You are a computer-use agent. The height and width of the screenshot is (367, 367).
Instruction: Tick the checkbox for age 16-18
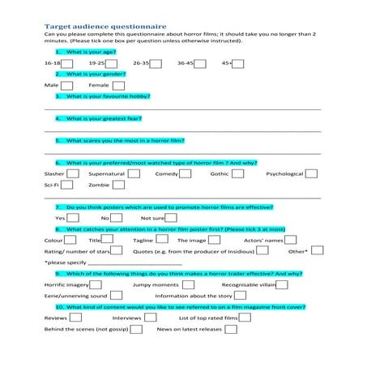point(68,62)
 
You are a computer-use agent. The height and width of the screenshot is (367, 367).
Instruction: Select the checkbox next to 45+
point(237,62)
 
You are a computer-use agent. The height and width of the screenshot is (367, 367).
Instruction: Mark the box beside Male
point(67,84)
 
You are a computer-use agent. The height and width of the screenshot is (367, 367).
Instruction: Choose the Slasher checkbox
point(73,173)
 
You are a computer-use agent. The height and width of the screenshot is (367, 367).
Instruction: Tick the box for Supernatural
point(134,173)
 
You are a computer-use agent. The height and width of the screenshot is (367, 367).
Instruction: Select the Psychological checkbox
point(312,173)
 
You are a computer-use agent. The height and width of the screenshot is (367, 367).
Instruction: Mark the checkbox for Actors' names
point(290,241)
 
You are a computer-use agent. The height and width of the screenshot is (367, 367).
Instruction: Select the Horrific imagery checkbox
point(96,285)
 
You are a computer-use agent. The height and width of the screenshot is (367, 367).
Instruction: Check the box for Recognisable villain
point(283,285)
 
